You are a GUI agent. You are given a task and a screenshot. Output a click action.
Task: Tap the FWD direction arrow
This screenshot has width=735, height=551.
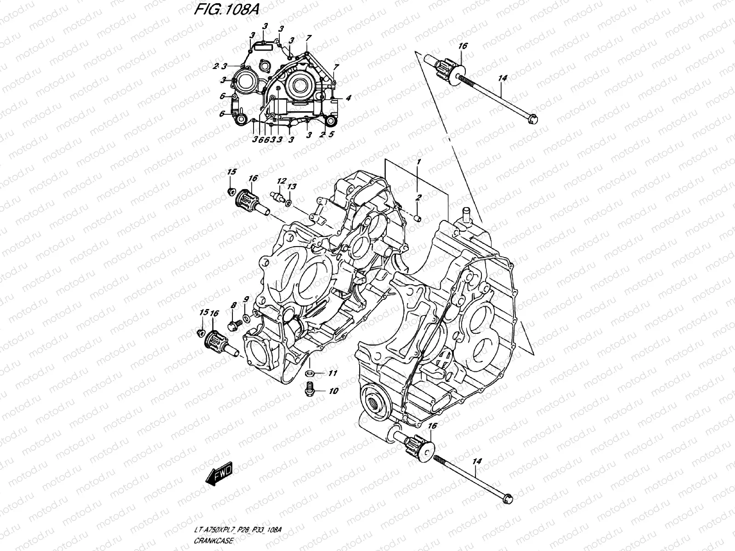pyautogui.click(x=220, y=474)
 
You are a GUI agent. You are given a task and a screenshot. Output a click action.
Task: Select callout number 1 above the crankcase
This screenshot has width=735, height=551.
pyautogui.click(x=418, y=162)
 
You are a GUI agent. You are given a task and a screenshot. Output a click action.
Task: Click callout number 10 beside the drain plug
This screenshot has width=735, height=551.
pyautogui.click(x=334, y=391)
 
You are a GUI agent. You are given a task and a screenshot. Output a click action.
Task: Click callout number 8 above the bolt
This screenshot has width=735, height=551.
pyautogui.click(x=233, y=305)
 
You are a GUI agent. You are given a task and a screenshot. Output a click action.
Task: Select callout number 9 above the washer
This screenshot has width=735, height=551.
pyautogui.click(x=246, y=299)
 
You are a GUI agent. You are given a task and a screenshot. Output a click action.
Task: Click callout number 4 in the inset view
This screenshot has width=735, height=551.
pyautogui.click(x=349, y=97)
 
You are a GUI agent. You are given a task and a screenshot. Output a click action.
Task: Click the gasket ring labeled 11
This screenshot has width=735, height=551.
pyautogui.click(x=310, y=372)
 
